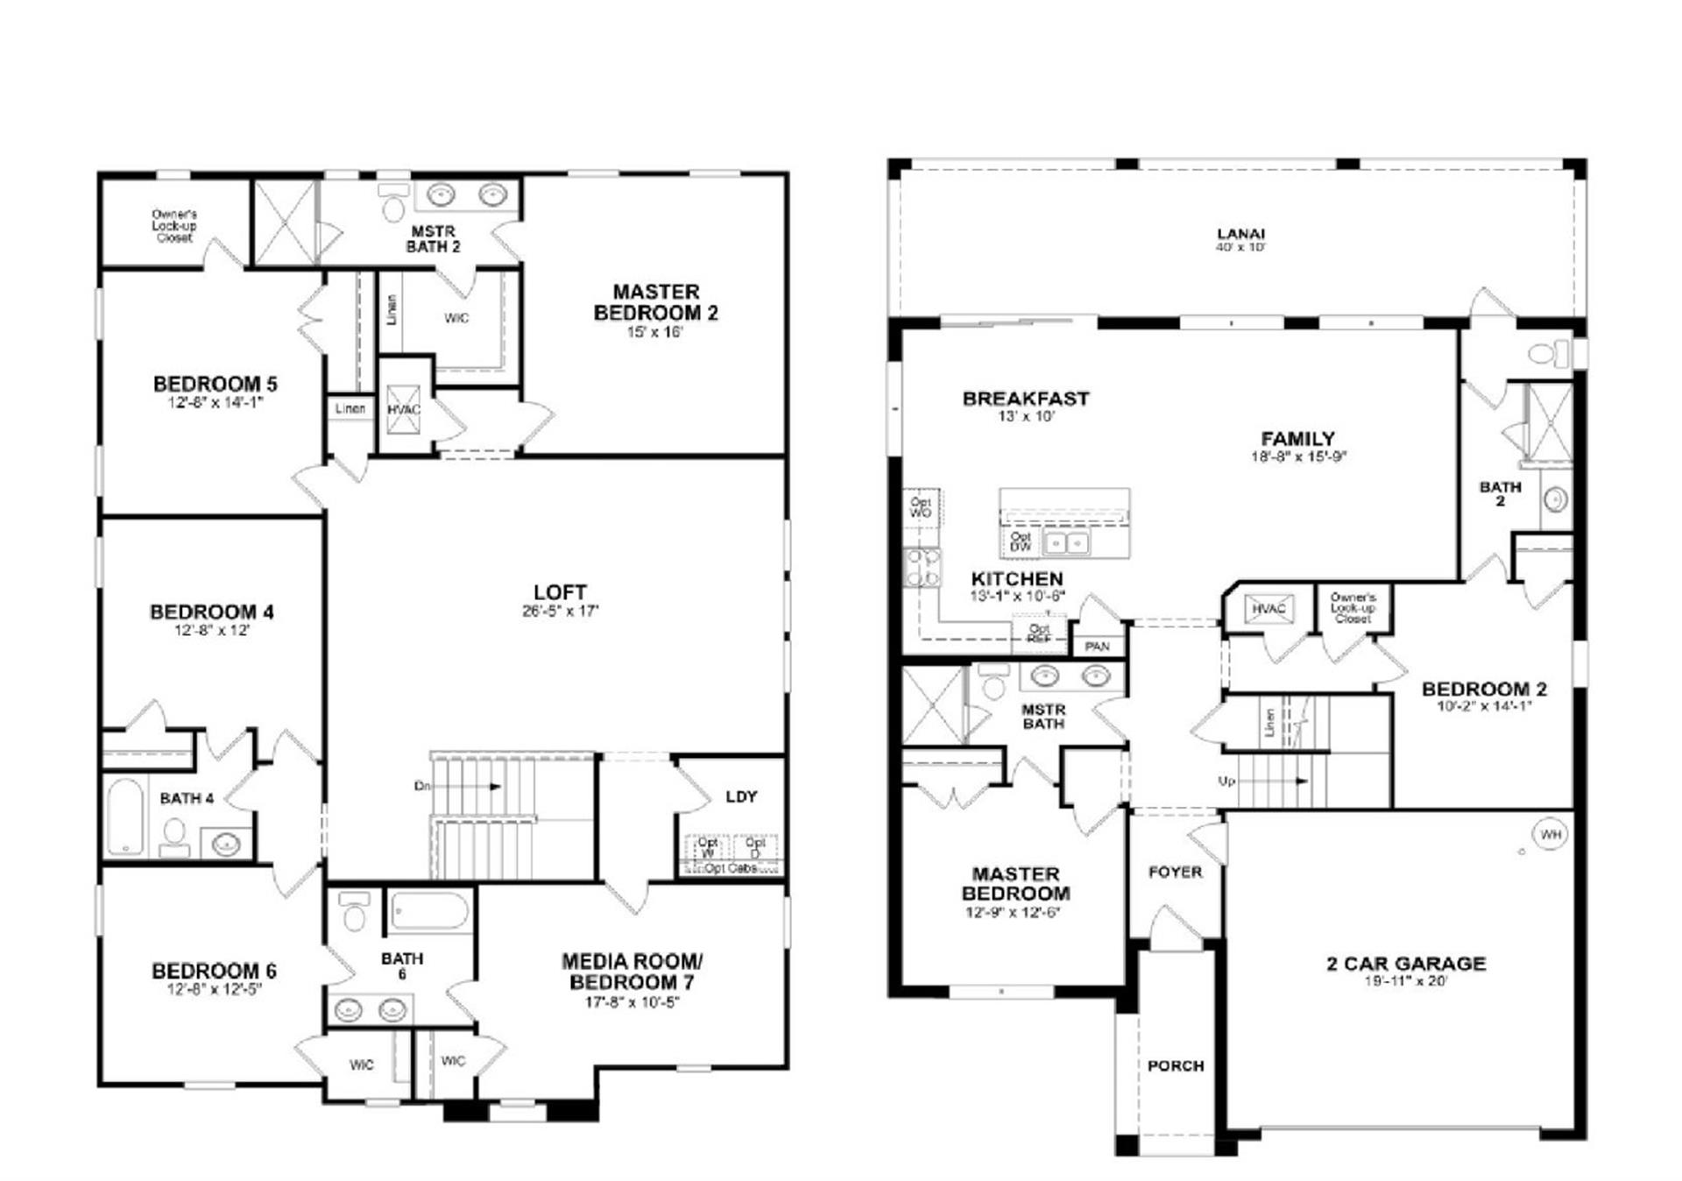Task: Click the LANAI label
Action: tap(1240, 234)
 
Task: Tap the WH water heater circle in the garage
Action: tap(1551, 834)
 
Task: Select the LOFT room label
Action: tap(560, 593)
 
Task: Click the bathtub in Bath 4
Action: tap(125, 817)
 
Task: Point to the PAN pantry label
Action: tap(1097, 647)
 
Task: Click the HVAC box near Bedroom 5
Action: tap(404, 409)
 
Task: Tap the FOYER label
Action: tap(1175, 872)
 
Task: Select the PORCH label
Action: tap(1175, 1065)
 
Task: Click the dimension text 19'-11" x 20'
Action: tap(1405, 981)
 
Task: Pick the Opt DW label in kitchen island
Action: tap(1021, 541)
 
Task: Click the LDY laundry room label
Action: tap(741, 796)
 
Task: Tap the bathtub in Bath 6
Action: tap(429, 911)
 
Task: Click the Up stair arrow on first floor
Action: tap(1270, 781)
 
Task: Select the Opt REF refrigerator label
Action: tap(1039, 633)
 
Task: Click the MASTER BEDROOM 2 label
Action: tap(655, 302)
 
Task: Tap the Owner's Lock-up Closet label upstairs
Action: tap(174, 225)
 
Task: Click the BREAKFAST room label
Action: tap(1025, 399)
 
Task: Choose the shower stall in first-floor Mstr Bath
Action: tap(934, 705)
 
